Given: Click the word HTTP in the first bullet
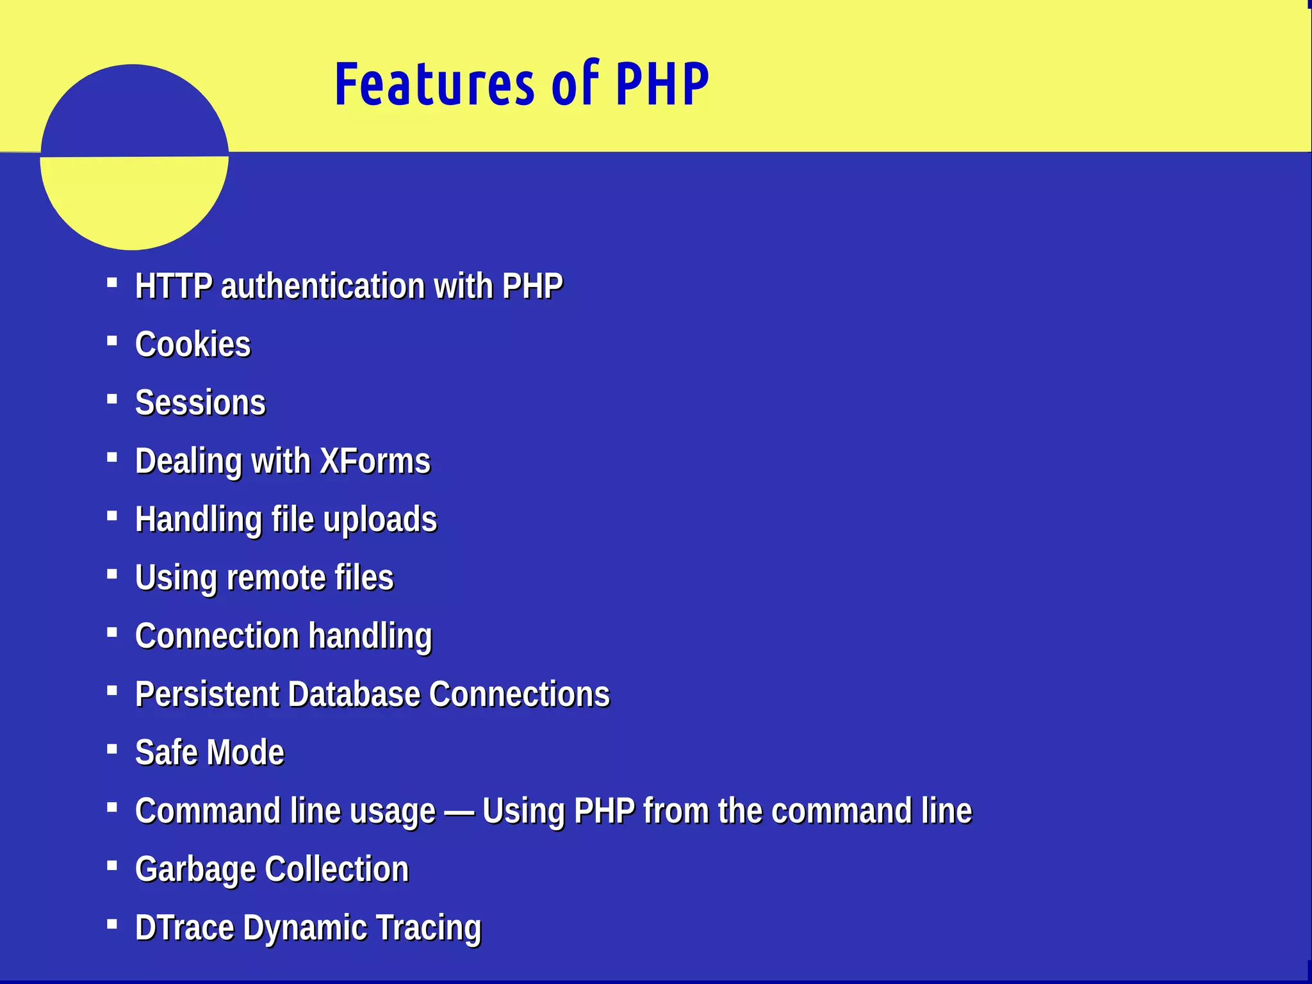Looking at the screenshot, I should pos(174,286).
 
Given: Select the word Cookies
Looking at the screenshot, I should pos(193,345).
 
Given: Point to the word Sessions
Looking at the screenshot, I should pos(201,403).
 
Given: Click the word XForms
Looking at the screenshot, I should pos(375,461).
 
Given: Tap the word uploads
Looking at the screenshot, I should pos(380,520).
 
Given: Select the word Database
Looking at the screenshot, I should pos(354,694).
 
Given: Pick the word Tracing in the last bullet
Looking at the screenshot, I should pos(428,928).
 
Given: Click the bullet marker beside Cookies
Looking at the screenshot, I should pos(112,341).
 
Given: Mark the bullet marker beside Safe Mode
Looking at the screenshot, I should pos(112,749).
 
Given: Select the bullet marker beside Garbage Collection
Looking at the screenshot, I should pos(112,866).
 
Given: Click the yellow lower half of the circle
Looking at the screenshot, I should pos(134,202).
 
